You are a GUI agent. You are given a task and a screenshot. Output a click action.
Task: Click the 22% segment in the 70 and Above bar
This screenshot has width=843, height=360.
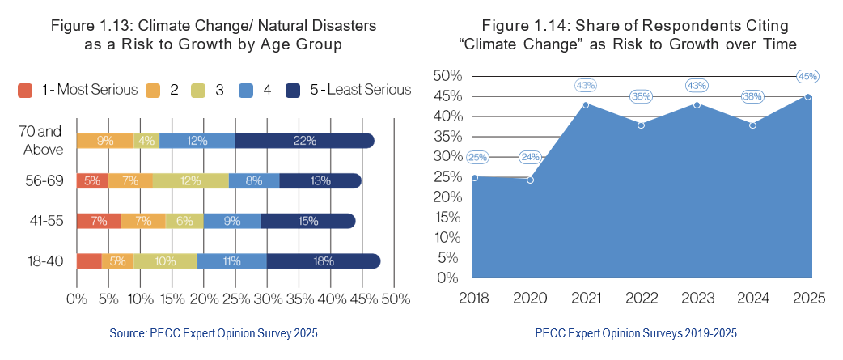click(305, 142)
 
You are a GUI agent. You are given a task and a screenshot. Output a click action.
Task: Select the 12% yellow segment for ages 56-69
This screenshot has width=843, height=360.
click(191, 180)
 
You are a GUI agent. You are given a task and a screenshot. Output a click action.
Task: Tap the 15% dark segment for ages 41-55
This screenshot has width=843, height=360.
click(307, 220)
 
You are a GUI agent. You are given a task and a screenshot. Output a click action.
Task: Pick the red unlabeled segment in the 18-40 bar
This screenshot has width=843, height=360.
click(89, 260)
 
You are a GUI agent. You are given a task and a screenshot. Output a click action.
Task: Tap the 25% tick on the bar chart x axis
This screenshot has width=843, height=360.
click(235, 299)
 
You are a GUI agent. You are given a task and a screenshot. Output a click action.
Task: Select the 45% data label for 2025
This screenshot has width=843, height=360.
click(807, 77)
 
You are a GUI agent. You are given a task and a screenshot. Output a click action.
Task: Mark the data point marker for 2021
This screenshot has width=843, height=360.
click(585, 104)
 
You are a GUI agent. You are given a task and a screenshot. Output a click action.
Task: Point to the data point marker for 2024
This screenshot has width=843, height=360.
click(752, 125)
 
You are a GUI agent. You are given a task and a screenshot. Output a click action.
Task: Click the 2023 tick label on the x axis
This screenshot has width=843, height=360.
click(696, 298)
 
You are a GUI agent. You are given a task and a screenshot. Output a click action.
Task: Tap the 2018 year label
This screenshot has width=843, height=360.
click(474, 298)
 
